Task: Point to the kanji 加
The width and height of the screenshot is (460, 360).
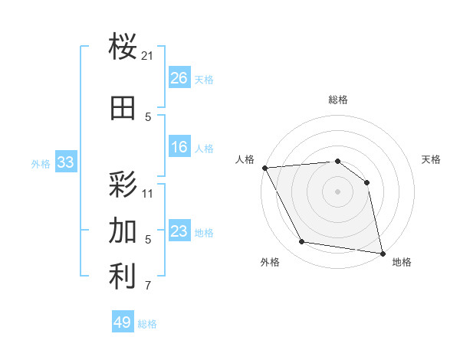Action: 123,230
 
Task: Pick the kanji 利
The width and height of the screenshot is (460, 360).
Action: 123,277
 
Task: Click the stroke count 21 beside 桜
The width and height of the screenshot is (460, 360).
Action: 148,56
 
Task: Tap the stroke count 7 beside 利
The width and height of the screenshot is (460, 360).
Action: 148,286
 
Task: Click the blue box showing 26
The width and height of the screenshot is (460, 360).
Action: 179,78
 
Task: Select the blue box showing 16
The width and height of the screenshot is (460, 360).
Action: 179,148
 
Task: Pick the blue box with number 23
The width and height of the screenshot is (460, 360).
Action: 179,231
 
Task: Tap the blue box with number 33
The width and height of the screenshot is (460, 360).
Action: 65,162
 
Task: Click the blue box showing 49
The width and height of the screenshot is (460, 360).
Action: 123,322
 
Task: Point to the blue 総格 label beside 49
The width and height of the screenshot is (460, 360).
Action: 147,324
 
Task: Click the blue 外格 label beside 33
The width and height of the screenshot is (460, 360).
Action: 41,163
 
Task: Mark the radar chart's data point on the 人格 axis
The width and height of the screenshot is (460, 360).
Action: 264,168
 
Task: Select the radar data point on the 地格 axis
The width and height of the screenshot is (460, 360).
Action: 382,253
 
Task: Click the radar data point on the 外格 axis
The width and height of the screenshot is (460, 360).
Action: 302,243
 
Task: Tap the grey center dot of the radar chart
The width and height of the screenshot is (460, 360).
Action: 337,191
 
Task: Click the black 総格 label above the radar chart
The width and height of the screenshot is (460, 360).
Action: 337,100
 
